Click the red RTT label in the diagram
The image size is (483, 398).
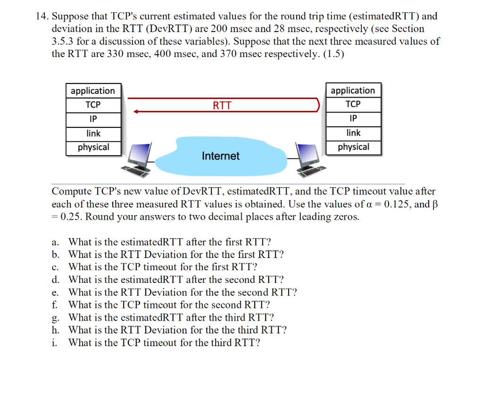222,105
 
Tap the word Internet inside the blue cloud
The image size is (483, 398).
220,156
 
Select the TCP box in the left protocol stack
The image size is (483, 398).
93,104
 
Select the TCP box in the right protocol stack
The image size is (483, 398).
353,104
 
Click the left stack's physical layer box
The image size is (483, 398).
93,147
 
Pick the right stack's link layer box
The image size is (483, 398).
353,133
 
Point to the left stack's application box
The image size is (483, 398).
93,91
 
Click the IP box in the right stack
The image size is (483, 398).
353,118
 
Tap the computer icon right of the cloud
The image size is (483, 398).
309,159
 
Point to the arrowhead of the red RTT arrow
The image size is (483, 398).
136,112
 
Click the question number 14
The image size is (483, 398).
42,17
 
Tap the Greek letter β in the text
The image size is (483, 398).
428,205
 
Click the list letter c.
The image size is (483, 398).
55,267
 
